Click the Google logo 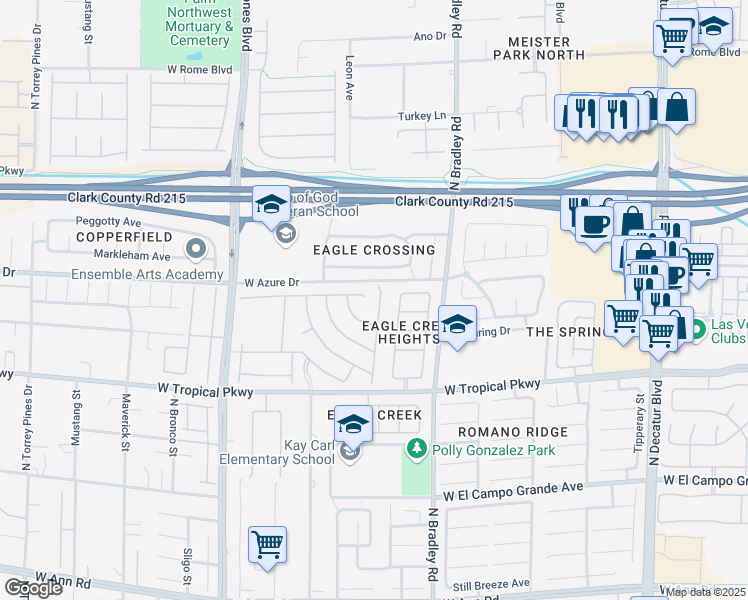[32, 588]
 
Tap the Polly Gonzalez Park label [493, 450]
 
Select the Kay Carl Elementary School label [277, 450]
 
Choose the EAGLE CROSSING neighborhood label [374, 250]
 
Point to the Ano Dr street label [429, 36]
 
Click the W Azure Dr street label [271, 283]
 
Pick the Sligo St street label [187, 565]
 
